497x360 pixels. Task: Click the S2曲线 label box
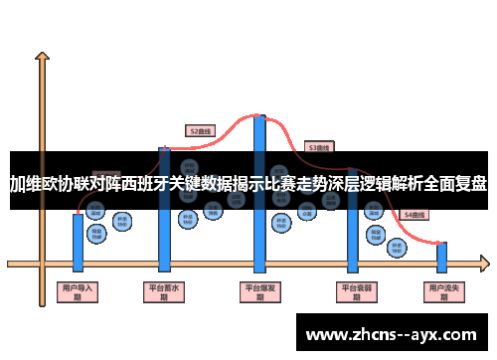pos(201,129)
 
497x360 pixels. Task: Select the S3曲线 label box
pos(319,147)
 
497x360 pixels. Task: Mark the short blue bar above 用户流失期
pos(442,257)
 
